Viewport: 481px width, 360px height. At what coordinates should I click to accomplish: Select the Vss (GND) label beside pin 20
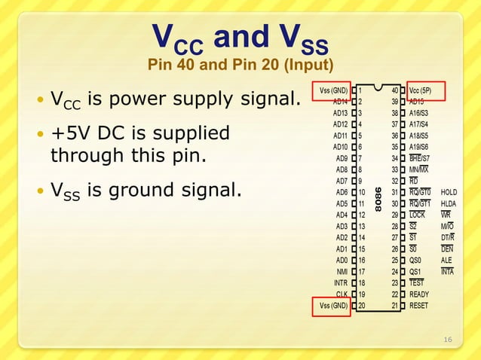click(332, 306)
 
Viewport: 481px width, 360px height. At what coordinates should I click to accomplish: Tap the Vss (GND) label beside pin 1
click(332, 90)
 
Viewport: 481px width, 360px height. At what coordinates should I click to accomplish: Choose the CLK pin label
click(342, 294)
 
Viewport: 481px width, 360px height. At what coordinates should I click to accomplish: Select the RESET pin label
click(418, 306)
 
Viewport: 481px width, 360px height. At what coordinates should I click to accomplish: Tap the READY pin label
click(419, 294)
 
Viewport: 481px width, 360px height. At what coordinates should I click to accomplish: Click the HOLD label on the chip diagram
click(449, 193)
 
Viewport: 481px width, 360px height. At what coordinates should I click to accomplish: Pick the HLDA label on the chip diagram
click(449, 204)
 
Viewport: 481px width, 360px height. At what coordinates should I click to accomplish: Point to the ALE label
click(447, 261)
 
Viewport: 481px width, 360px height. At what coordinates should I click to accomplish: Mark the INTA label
click(448, 272)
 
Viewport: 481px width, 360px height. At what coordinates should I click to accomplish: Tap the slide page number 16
click(448, 340)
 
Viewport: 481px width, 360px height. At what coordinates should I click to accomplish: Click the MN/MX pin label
click(419, 170)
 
